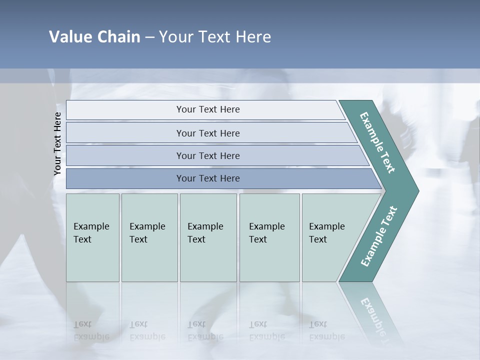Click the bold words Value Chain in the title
point(94,37)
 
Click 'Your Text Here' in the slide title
point(215,37)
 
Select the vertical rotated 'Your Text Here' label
point(57,143)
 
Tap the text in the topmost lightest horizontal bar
point(208,109)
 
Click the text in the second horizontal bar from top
point(208,133)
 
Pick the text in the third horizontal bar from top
point(208,155)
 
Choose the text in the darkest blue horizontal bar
point(208,178)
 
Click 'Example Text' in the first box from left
point(91,233)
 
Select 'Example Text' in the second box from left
point(147,233)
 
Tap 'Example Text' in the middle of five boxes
point(205,233)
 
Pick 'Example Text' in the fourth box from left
point(266,233)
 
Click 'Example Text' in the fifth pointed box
point(326,233)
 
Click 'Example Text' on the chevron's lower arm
point(379,236)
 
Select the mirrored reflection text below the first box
point(91,330)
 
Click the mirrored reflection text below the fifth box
point(326,330)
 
